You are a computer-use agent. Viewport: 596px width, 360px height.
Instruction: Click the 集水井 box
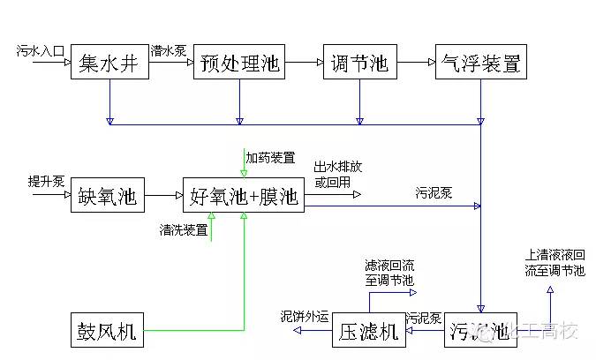[108, 63]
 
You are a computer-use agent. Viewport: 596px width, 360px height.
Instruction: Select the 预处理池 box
[239, 63]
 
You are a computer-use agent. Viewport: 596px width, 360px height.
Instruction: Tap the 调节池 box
[359, 63]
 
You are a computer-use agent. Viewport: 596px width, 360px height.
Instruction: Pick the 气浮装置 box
[480, 63]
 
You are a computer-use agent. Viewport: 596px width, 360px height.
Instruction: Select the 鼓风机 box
[107, 332]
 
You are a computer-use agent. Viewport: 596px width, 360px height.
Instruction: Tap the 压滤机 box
[369, 332]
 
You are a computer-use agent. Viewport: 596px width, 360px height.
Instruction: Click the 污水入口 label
[41, 52]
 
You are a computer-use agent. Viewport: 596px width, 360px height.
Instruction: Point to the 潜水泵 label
[168, 51]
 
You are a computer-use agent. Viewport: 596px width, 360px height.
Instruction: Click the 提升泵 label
[46, 182]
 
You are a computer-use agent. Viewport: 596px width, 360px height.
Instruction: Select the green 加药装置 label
[270, 158]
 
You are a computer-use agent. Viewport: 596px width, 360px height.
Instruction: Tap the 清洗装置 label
[184, 230]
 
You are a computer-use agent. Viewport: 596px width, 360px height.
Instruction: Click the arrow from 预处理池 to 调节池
[303, 63]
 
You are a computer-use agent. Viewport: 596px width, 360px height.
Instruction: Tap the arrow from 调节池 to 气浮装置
[415, 63]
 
